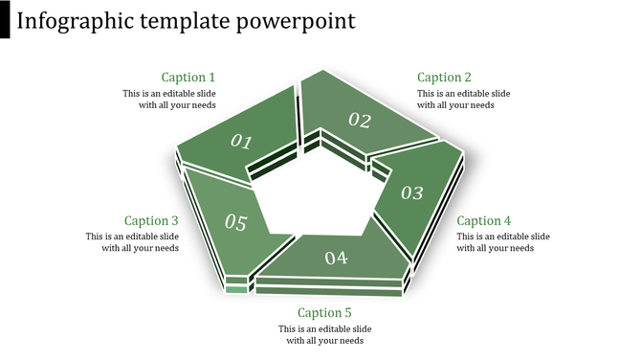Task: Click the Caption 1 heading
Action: coord(188,78)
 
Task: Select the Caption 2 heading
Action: coord(445,78)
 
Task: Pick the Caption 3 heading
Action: coord(151,220)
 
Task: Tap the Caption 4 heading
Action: coord(484,220)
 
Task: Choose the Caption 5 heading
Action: coord(324,312)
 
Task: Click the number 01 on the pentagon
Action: coord(241,142)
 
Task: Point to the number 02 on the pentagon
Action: coord(359,120)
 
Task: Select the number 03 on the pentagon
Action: coord(411,192)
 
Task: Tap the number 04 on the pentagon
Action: coord(336,258)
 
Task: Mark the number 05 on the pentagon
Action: coord(235,223)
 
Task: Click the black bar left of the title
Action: coord(5,20)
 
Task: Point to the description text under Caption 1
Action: coord(169,100)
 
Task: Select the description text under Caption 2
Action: coord(463,100)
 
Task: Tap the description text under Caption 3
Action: coord(132,242)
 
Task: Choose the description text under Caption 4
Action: coord(502,242)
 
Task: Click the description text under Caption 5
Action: coord(324,334)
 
